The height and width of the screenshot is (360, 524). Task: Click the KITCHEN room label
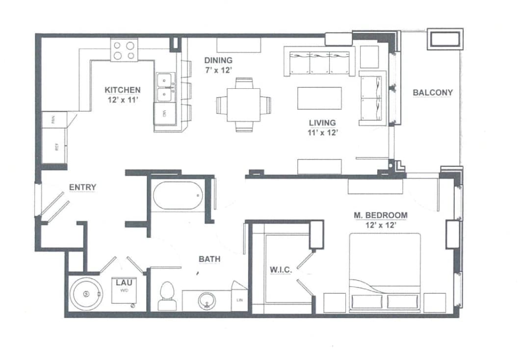[123, 90]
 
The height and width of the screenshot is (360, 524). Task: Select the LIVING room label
[322, 123]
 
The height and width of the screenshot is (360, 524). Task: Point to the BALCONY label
[432, 92]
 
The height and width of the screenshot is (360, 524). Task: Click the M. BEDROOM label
[380, 215]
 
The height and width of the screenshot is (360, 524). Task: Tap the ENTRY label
[82, 187]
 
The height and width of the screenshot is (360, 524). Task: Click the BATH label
[209, 259]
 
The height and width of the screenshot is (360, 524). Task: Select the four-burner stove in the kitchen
[124, 50]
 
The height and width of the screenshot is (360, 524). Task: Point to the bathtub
[178, 196]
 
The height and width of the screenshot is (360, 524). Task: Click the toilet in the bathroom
[167, 296]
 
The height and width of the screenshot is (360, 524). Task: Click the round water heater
[87, 294]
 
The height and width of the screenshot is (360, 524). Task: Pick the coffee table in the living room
[319, 98]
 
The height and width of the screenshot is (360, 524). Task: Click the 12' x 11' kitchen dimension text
[123, 100]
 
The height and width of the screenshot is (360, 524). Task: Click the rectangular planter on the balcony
[445, 39]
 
